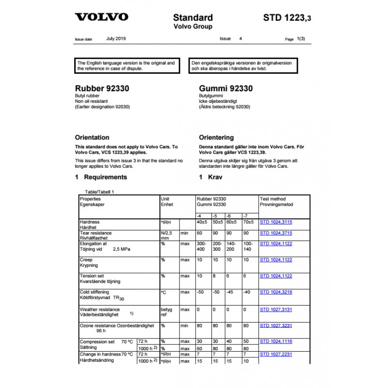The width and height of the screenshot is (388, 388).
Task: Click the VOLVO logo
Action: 101,17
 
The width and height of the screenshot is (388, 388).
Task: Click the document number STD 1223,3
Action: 287,18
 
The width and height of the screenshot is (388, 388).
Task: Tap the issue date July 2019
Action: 116,38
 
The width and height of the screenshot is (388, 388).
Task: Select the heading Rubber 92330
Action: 102,89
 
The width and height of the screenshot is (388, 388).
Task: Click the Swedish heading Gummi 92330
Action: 226,89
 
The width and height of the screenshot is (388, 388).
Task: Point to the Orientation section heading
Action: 92,137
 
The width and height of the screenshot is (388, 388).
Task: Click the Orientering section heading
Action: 216,137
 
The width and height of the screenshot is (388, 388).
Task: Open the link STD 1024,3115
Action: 276,222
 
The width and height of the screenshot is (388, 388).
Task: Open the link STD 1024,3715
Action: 276,233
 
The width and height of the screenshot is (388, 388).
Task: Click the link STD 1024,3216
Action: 276,292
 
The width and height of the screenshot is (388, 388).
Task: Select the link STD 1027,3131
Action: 276,309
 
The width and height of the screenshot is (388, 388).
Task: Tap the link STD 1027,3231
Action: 276,326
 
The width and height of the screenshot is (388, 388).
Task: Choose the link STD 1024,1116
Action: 276,341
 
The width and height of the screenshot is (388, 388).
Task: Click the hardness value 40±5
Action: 202,222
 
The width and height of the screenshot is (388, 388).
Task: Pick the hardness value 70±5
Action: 248,222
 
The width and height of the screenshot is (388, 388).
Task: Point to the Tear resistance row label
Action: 96,233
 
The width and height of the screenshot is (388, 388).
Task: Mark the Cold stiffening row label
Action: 95,292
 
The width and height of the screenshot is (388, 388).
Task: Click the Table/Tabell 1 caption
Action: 99,192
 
